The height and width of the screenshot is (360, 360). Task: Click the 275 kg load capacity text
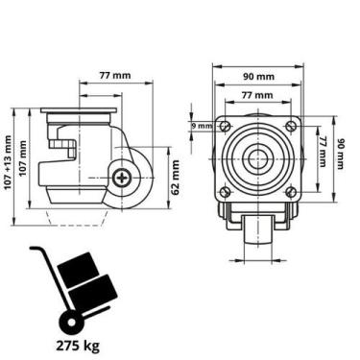click(x=78, y=346)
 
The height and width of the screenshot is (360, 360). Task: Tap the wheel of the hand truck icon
click(x=69, y=322)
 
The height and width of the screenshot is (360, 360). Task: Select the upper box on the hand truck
click(x=79, y=270)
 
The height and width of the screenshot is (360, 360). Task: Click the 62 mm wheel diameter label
click(x=176, y=178)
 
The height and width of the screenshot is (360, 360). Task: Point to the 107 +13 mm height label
click(x=8, y=162)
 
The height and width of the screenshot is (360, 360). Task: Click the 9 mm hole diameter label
click(x=202, y=126)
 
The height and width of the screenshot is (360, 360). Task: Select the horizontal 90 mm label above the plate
click(x=258, y=77)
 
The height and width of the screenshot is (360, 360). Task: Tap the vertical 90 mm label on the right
click(x=340, y=154)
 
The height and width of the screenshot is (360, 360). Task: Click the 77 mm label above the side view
click(x=115, y=76)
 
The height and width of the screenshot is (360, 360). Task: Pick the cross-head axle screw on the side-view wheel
click(x=123, y=178)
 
